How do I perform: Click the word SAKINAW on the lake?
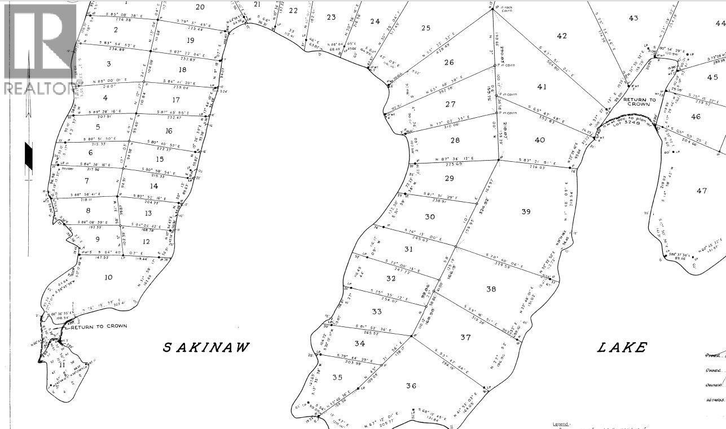206,347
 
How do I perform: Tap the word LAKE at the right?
622,347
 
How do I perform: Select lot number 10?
108,277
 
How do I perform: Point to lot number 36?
411,386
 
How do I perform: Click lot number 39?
526,211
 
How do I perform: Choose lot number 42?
561,36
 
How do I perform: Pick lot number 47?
701,191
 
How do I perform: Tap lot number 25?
425,28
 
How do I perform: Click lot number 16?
169,131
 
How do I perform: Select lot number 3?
108,64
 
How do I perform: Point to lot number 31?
409,249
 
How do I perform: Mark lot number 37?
465,337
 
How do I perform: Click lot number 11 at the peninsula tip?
62,365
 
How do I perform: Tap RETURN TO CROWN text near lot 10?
99,326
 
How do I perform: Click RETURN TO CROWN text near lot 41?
639,102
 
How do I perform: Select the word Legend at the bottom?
561,424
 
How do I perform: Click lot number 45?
712,77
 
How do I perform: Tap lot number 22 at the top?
293,10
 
